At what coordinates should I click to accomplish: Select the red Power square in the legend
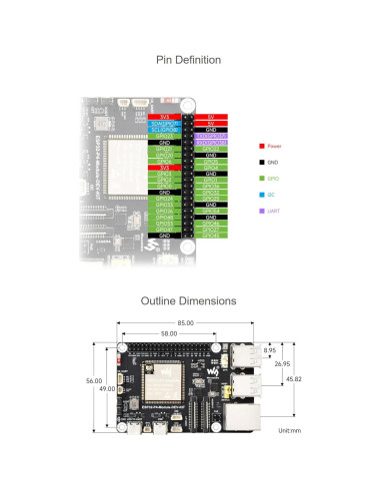coord(260,146)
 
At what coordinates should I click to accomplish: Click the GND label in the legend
coord(274,161)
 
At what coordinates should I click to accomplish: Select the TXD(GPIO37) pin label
coord(211,136)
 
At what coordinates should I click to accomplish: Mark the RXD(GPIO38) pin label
coord(211,143)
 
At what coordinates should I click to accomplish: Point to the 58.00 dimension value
coord(167,332)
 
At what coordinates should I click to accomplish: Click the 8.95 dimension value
coord(269,350)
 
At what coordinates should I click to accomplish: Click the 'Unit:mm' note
coord(291,429)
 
